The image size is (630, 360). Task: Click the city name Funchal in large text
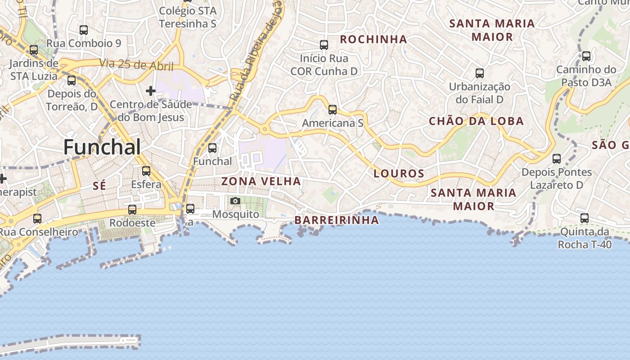(x=102, y=147)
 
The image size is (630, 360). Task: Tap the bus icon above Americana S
(x=333, y=109)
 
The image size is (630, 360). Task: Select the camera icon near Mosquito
(x=235, y=201)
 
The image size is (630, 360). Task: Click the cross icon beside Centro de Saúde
(x=151, y=91)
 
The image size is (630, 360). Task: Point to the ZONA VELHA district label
(x=261, y=181)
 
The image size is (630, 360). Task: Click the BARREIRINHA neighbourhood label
(x=337, y=220)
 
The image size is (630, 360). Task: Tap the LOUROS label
(x=399, y=173)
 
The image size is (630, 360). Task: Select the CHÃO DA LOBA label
(x=476, y=121)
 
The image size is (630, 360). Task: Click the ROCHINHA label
(x=373, y=40)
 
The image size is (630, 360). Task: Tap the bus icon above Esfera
(x=146, y=171)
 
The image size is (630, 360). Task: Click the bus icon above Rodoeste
(x=132, y=210)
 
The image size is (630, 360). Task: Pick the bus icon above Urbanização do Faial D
(x=480, y=73)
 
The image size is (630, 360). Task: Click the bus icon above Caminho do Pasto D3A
(x=586, y=56)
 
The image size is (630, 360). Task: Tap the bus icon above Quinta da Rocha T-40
(x=585, y=218)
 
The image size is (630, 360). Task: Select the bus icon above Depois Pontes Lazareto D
(x=557, y=158)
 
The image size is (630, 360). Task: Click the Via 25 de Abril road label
(x=137, y=65)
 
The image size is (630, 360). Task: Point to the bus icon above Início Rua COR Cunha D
(x=324, y=45)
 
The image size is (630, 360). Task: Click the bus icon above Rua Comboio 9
(x=84, y=30)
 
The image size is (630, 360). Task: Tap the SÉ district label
(x=99, y=185)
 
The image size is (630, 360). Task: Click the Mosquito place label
(x=236, y=214)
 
